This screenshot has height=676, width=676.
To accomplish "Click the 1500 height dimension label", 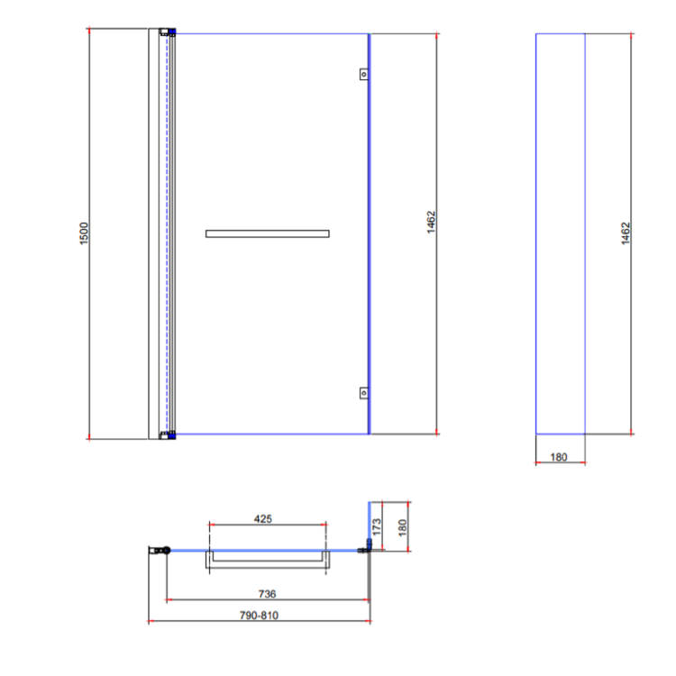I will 85,234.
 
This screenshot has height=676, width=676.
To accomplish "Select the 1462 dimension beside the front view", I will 432,223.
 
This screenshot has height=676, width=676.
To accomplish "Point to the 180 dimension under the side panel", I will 559,457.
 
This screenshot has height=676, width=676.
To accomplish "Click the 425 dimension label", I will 263,519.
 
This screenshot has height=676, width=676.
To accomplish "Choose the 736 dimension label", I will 267,594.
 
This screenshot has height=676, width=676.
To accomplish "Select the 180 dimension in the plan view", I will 403,524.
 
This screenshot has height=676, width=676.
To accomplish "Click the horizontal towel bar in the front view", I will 267,233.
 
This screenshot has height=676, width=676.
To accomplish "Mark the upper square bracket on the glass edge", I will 363,75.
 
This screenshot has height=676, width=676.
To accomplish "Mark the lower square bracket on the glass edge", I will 363,392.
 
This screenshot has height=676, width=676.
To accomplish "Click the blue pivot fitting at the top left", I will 170,32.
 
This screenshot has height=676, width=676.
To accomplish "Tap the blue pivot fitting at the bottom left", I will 170,435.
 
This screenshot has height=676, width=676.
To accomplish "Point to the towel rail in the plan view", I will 267,565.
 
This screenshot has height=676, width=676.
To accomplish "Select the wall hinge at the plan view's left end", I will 162,550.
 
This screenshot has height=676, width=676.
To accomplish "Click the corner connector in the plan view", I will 367,548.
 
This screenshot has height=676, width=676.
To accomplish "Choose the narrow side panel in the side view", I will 561,233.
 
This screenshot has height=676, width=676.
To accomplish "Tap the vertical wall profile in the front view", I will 158,233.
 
